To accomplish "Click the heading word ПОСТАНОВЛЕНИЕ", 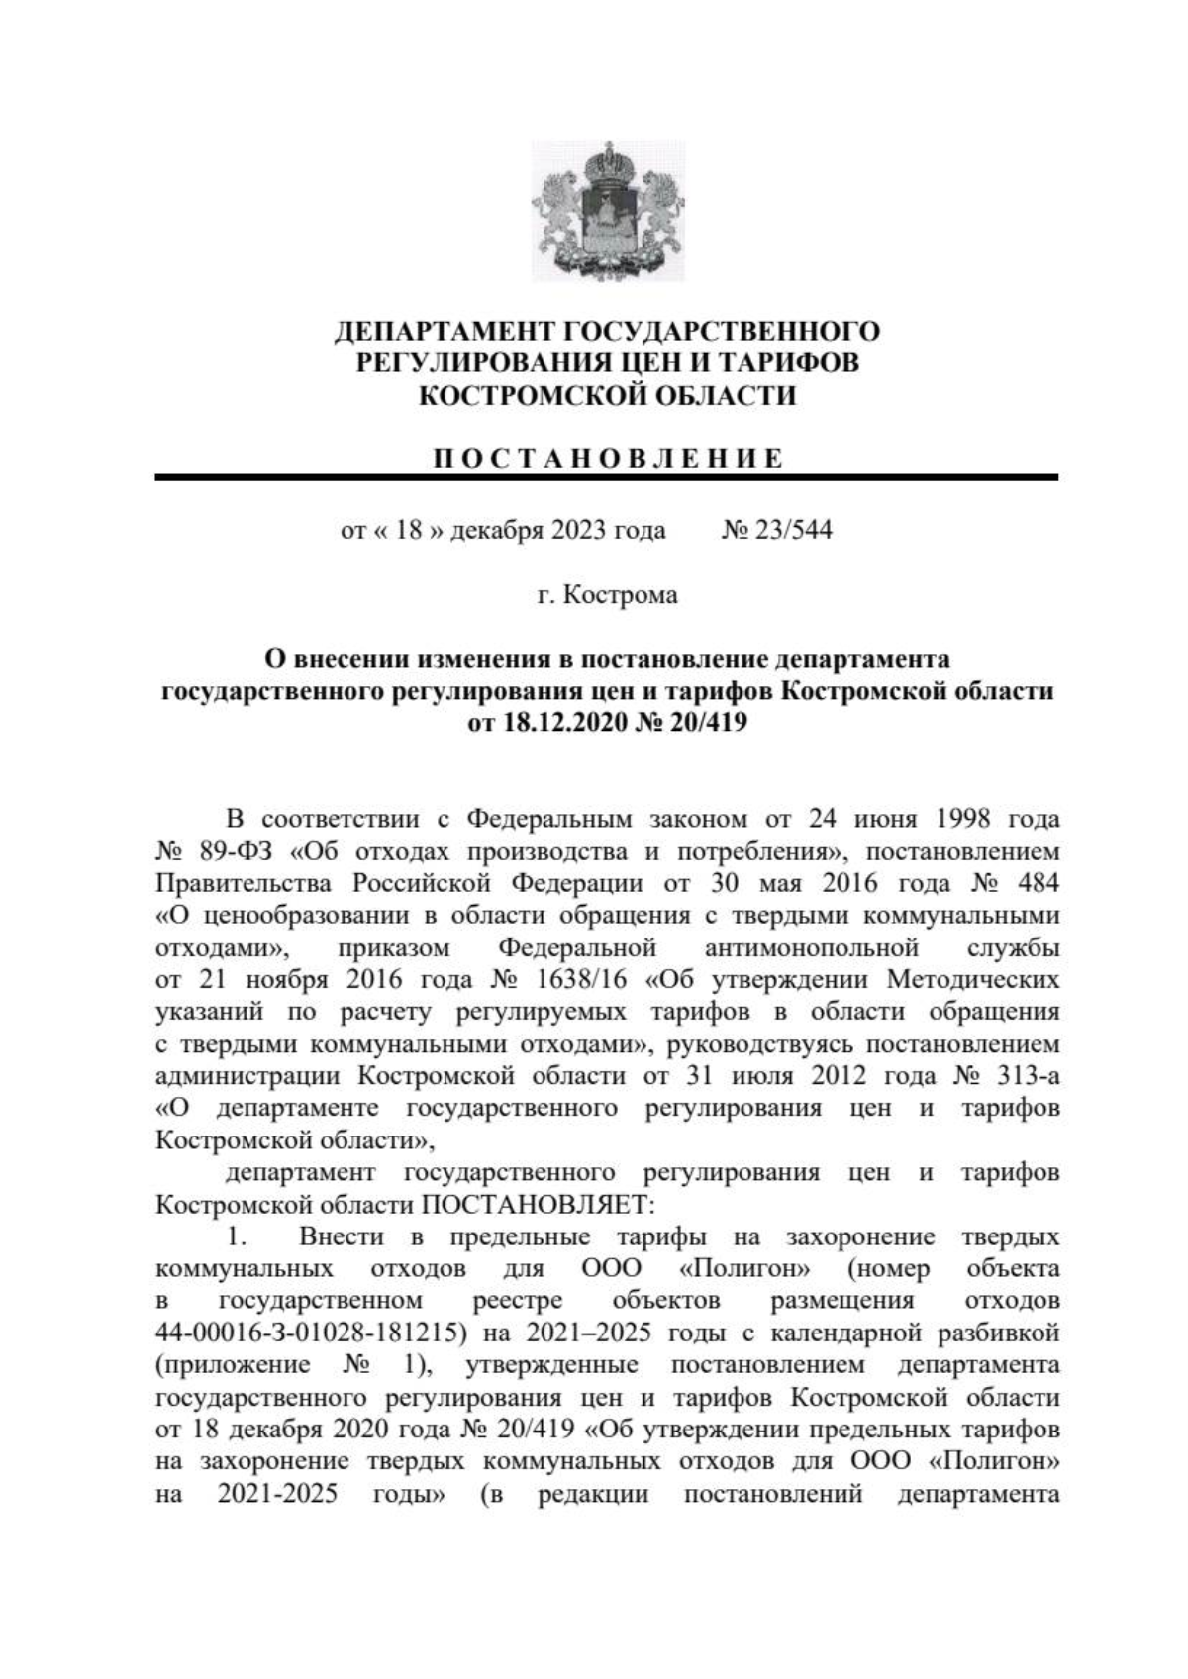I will point(608,458).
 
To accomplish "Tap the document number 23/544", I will point(792,530).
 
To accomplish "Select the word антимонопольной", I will point(811,948).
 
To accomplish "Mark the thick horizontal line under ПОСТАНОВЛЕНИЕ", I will point(606,479).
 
